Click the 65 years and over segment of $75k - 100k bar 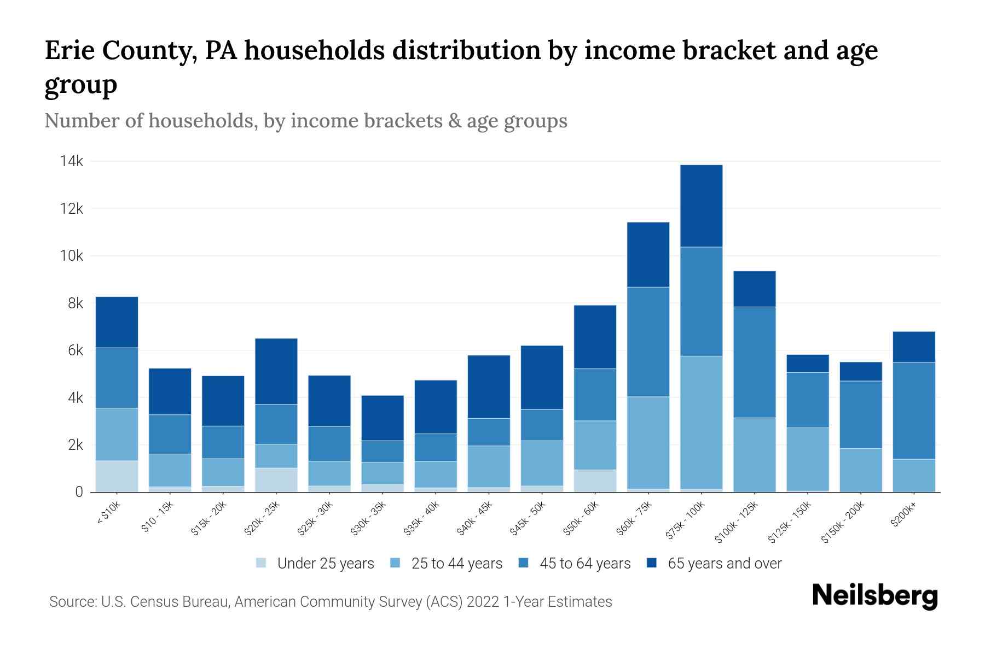pos(701,206)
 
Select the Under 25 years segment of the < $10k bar pos(117,476)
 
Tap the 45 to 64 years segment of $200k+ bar pos(913,411)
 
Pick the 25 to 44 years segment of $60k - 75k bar pos(648,442)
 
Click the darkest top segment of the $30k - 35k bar pos(383,418)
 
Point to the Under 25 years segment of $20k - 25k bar pos(276,479)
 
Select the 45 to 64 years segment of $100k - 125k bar pos(754,362)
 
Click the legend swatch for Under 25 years pos(262,563)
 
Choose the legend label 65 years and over pos(724,563)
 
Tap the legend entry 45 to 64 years pos(584,563)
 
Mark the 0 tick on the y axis pos(79,492)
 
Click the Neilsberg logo pos(874,596)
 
